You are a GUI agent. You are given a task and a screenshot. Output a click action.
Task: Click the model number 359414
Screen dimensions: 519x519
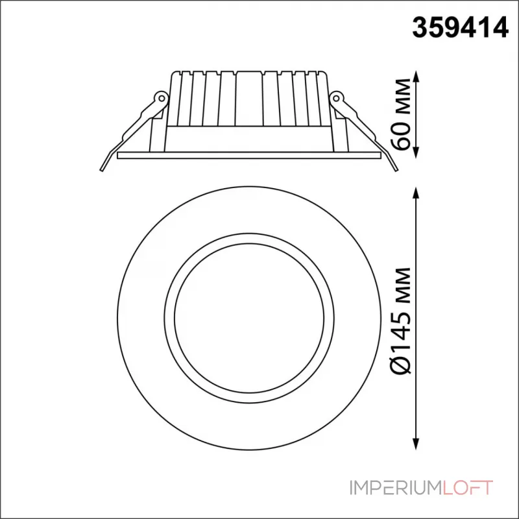click(x=460, y=28)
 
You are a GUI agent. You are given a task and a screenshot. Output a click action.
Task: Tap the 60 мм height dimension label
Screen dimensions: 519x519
click(x=401, y=114)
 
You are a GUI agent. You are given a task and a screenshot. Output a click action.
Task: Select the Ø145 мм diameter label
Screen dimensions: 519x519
click(x=401, y=320)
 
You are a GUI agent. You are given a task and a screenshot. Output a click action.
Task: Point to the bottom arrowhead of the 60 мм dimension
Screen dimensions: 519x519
click(x=416, y=152)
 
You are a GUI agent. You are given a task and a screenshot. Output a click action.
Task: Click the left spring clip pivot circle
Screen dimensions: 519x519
click(x=162, y=98)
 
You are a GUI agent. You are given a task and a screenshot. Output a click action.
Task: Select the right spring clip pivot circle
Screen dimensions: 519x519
click(x=337, y=98)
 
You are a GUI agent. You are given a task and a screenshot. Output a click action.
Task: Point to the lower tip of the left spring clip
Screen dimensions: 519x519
click(x=101, y=171)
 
